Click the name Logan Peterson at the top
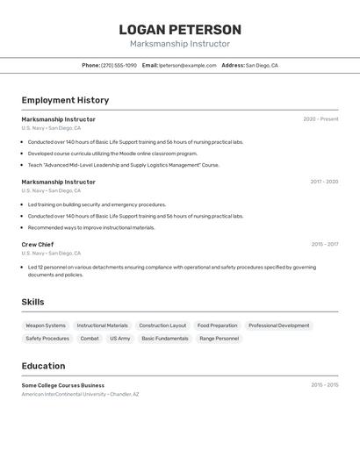180,30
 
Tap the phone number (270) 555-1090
119,65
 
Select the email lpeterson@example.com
188,65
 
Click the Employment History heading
65,100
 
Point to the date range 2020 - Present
320,119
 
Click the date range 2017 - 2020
324,182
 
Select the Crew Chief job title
38,245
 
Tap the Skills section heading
32,302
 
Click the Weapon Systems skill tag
46,325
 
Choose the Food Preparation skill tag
217,325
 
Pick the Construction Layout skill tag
162,325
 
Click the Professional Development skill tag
278,325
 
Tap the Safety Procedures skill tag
47,338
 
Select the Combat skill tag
90,338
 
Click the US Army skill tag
119,338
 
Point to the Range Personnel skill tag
219,338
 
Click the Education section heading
43,366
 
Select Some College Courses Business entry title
62,385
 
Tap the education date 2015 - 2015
324,384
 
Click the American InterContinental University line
80,395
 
